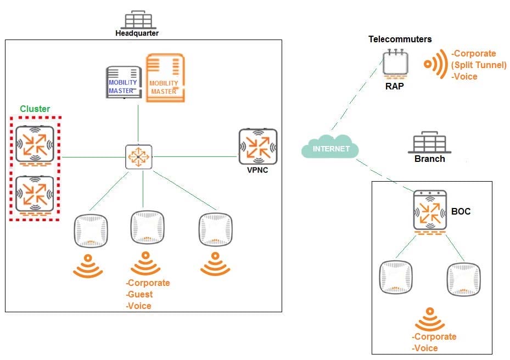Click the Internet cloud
coord(330,147)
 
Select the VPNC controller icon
coord(258,147)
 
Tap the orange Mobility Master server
coord(165,78)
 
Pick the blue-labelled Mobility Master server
coord(124,82)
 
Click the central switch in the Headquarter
coord(138,157)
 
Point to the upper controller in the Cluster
coord(35,144)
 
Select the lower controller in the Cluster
coord(35,194)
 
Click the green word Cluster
coord(35,109)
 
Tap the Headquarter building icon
coord(138,20)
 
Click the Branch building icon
coord(430,142)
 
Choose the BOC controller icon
coord(430,211)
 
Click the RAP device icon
coord(395,64)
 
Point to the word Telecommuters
coord(400,40)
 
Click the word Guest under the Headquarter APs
coord(140,294)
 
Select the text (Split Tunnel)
coord(479,65)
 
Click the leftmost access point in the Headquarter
coord(91,230)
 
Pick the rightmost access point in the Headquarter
coord(215,229)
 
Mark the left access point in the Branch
coord(396,277)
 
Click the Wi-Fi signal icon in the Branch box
coord(430,320)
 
